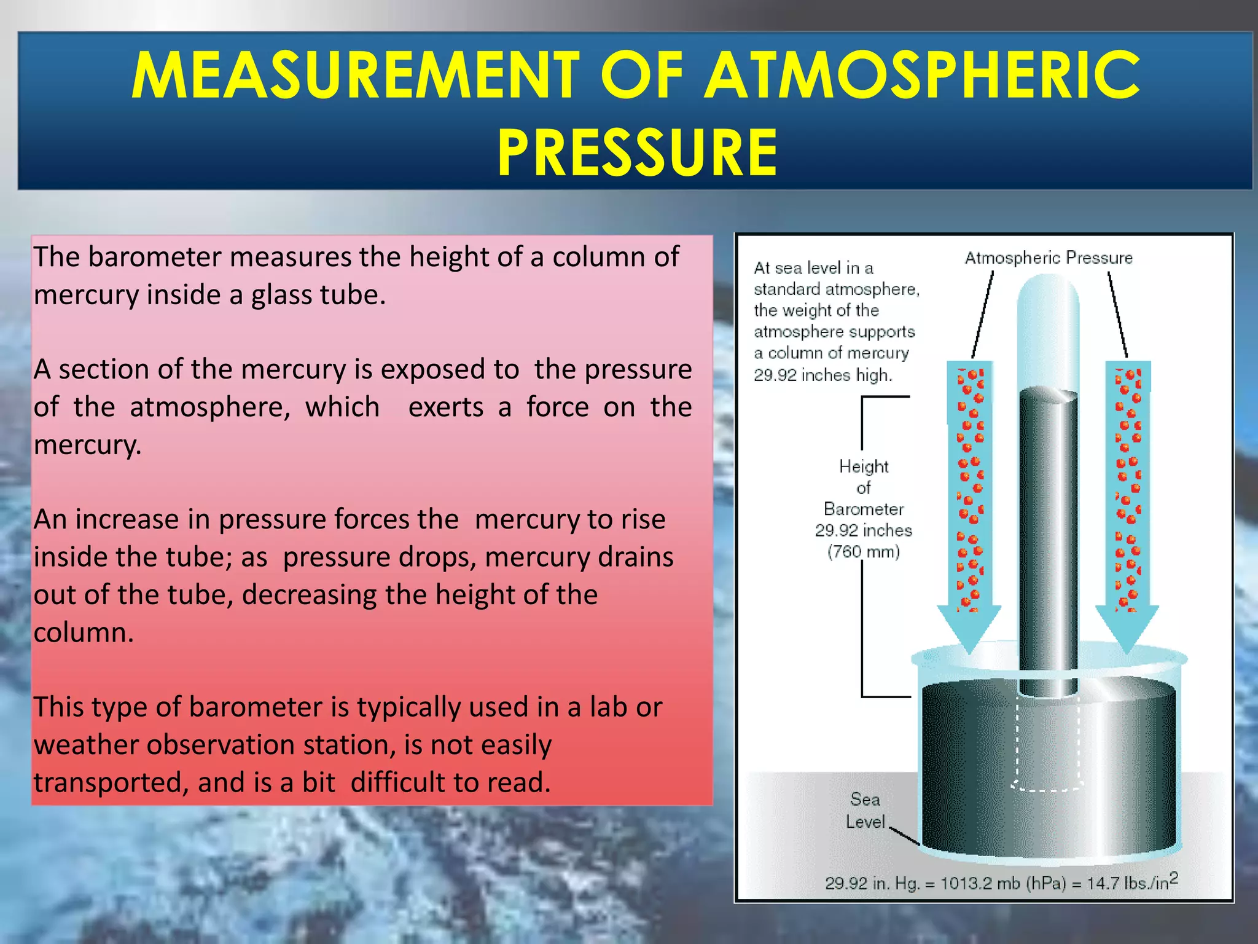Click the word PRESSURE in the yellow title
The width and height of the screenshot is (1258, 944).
pos(637,152)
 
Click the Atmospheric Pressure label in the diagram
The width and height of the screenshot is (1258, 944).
pos(1049,258)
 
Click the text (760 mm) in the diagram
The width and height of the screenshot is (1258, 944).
pos(863,551)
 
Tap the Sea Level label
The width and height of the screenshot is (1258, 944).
pos(865,811)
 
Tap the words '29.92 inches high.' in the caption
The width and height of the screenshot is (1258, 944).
pos(822,374)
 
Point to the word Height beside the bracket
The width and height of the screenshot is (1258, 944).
pos(864,466)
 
